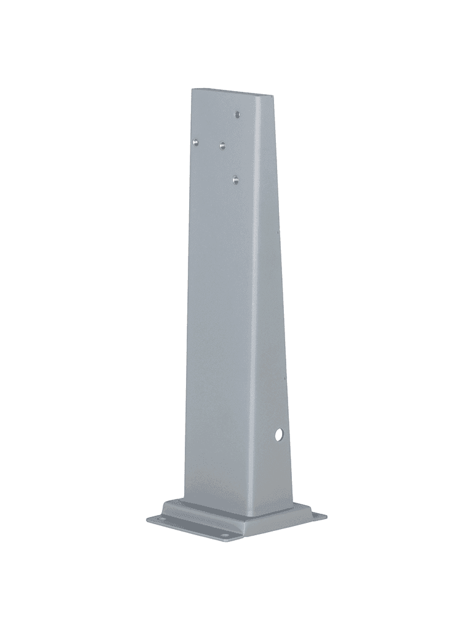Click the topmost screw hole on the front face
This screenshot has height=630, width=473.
[238, 114]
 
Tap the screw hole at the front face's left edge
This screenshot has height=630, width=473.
[195, 142]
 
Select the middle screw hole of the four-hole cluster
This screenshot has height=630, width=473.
[222, 145]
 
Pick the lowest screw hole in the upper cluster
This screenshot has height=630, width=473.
[235, 179]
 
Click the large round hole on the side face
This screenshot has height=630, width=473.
[279, 434]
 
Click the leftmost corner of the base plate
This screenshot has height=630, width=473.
[148, 521]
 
